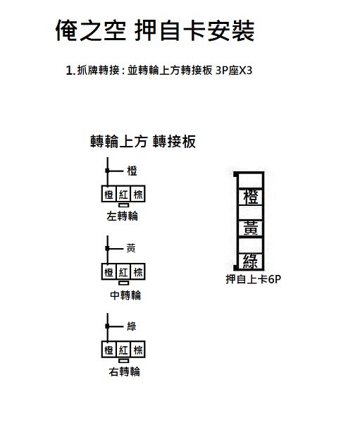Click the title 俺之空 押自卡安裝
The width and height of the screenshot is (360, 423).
pos(155,30)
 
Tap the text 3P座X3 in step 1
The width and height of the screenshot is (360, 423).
pos(234,70)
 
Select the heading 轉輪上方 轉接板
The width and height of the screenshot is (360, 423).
pos(143,142)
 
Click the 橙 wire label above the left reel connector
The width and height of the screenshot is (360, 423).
pos(132,171)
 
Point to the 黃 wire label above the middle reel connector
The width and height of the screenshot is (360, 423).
pos(131,248)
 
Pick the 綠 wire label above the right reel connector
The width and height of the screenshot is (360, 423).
pos(132,326)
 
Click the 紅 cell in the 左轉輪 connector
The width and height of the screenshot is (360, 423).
pos(123,194)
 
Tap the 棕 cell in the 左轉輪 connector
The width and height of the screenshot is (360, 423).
pos(138,194)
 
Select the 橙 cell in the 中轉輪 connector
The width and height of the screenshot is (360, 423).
pos(109,272)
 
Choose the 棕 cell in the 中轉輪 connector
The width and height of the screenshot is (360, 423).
pos(138,272)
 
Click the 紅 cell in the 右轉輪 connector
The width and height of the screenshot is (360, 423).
pos(123,350)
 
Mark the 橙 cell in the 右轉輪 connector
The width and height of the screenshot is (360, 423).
pos(109,350)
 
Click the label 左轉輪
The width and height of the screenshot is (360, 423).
pos(122,216)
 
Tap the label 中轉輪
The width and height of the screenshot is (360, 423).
pos(125,295)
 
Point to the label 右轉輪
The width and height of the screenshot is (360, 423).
pos(124,372)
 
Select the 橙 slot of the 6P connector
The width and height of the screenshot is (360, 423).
pos(251,197)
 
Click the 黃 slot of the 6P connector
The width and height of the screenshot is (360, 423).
pos(251,228)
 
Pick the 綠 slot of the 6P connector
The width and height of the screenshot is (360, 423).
pos(251,261)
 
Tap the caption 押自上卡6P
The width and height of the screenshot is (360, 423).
pos(254,279)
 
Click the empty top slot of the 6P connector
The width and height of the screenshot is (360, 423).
pos(251,180)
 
